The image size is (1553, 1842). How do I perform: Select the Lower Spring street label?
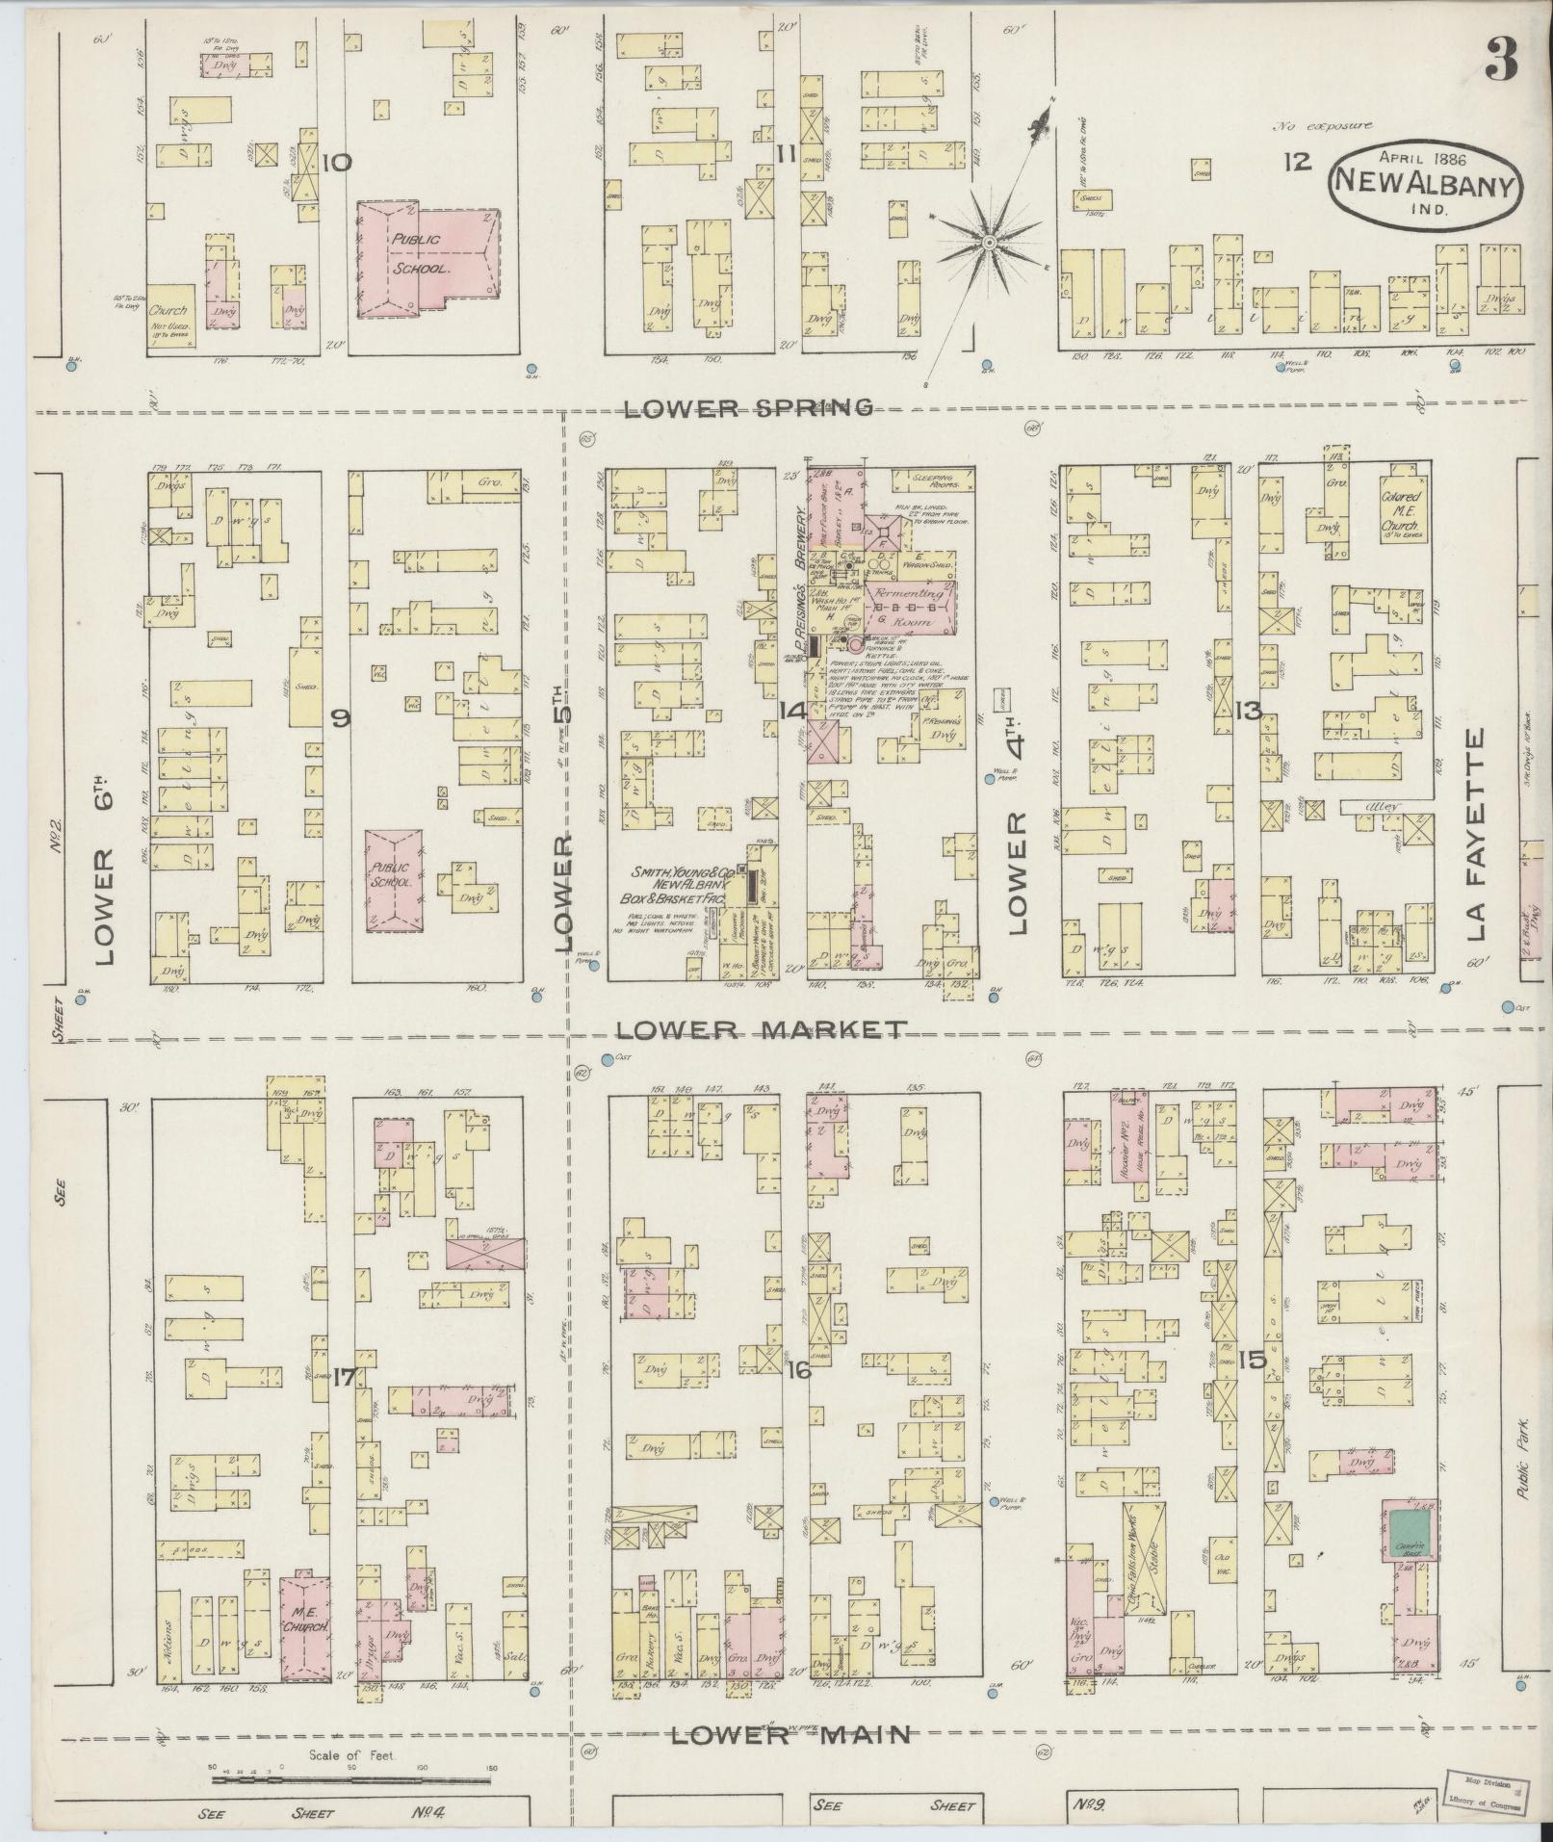749,408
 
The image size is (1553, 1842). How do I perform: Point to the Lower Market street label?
761,1030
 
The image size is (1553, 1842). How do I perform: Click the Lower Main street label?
789,1736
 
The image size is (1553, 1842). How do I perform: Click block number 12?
1297,161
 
